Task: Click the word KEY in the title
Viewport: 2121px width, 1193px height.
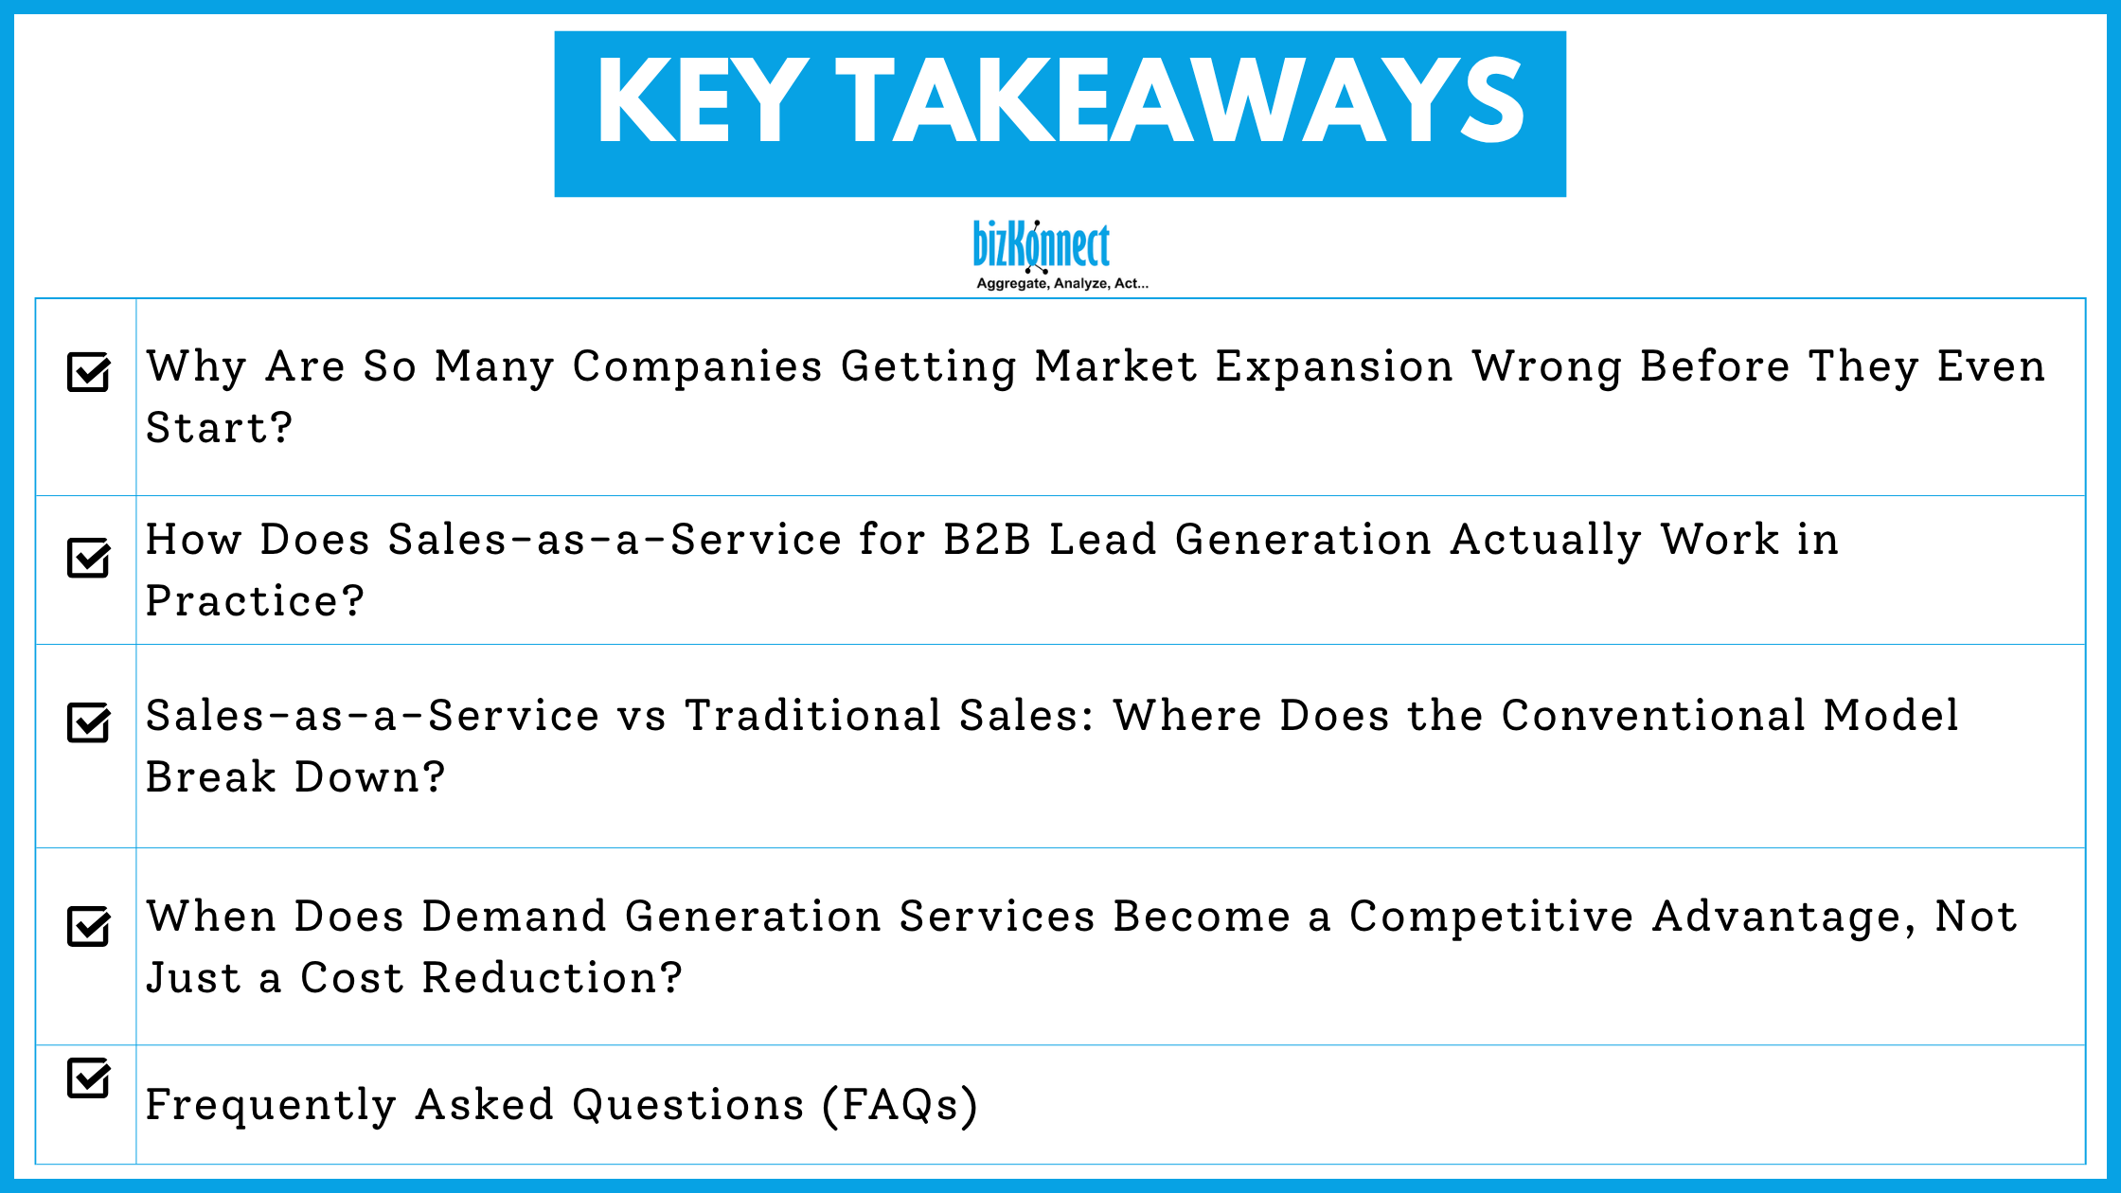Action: tap(702, 102)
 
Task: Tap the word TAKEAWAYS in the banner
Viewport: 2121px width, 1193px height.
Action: tap(1180, 102)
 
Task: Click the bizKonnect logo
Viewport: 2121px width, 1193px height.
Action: tap(1042, 246)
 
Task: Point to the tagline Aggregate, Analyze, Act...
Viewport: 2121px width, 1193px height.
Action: tap(1061, 283)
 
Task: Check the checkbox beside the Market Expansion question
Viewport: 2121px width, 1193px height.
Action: tap(89, 372)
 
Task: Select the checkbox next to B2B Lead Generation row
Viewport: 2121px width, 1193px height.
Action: tap(89, 558)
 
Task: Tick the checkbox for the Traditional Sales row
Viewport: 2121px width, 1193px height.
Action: tap(89, 722)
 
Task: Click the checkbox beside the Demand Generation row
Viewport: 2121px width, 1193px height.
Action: tap(89, 926)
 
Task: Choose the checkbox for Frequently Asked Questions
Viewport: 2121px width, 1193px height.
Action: tap(89, 1077)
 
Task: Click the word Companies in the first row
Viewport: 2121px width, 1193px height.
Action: tap(697, 367)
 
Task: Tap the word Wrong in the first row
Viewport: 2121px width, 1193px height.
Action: tap(1546, 367)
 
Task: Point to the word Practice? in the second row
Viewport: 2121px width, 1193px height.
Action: tap(255, 601)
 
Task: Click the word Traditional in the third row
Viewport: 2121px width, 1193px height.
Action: tap(812, 716)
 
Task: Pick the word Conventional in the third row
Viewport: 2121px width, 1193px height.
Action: tap(1653, 716)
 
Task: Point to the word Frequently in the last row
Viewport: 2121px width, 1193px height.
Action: tap(271, 1105)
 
